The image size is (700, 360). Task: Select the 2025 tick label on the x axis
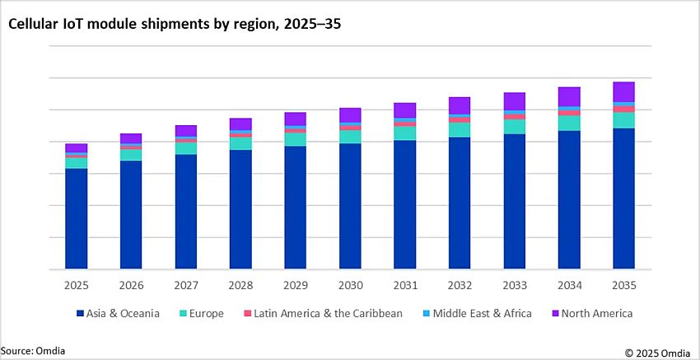click(x=77, y=285)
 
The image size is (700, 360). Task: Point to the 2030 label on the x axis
click(x=350, y=285)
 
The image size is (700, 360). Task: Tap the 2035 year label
click(x=623, y=285)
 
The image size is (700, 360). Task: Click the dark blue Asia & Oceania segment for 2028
click(x=240, y=210)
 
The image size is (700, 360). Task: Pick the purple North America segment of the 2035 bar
click(x=623, y=91)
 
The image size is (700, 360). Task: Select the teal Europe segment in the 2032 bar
click(x=460, y=129)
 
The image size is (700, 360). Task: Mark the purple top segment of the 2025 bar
click(x=77, y=148)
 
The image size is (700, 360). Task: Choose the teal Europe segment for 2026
click(x=131, y=155)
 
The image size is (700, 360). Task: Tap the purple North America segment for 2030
click(x=350, y=115)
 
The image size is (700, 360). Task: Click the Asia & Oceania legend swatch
click(x=80, y=314)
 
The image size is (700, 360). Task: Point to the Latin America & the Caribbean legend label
click(x=329, y=314)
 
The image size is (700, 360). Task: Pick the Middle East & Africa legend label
click(x=482, y=314)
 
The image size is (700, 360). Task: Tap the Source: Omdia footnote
click(x=33, y=351)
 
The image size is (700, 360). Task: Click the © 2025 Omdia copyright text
click(x=658, y=353)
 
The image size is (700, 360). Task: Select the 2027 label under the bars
click(x=186, y=285)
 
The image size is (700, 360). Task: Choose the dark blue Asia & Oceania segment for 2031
click(x=404, y=205)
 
